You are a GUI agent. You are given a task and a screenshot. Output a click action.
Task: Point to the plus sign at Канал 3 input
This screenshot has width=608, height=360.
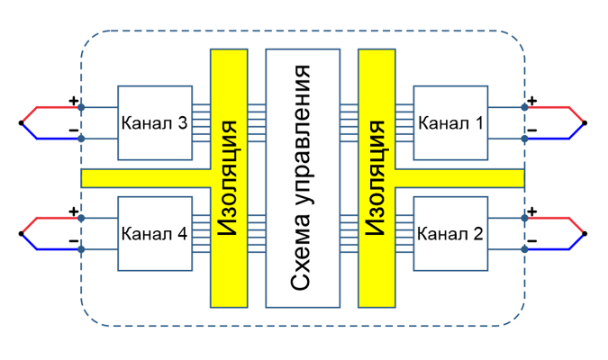74,101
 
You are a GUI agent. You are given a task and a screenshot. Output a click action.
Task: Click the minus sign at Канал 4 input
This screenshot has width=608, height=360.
74,241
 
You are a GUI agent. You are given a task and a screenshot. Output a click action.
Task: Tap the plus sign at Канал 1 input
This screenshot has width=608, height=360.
532,101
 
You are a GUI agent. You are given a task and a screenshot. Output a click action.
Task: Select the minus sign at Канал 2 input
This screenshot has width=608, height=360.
532,241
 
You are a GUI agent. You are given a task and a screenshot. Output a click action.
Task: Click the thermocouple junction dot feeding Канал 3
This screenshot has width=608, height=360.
21,122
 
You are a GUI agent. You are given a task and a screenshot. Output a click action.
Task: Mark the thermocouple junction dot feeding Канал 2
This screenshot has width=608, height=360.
585,234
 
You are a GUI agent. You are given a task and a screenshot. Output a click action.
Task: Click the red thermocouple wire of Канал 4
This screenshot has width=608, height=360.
37,219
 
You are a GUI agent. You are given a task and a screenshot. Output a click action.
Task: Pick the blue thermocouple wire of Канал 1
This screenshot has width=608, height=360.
569,138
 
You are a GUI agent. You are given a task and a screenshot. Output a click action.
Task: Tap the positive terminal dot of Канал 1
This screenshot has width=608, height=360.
524,107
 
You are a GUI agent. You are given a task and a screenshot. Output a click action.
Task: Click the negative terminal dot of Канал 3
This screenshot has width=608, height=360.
81,139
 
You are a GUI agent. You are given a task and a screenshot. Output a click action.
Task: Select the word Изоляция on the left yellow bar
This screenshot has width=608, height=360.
228,178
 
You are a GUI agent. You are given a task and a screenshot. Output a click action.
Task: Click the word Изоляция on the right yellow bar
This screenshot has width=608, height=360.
376,178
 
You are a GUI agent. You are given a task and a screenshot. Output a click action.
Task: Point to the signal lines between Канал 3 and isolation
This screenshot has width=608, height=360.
201,122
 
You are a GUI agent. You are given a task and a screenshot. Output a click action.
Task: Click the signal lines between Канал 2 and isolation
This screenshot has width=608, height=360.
404,234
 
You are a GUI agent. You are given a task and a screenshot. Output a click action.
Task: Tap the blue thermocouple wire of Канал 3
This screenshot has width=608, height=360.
37,138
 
